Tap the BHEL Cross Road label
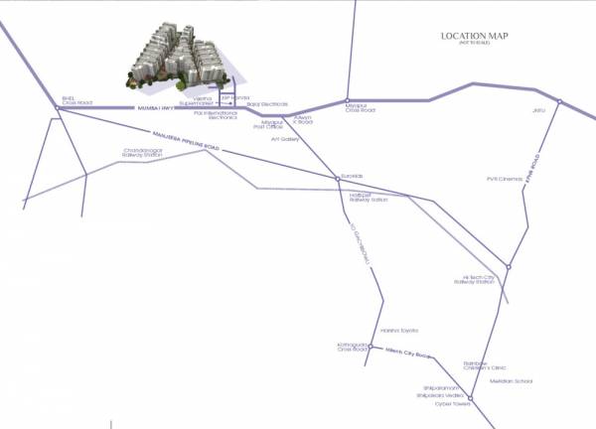[75, 100]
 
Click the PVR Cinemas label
[503, 179]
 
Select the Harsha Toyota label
[399, 331]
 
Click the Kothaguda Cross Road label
[353, 348]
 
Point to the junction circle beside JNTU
[560, 101]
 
